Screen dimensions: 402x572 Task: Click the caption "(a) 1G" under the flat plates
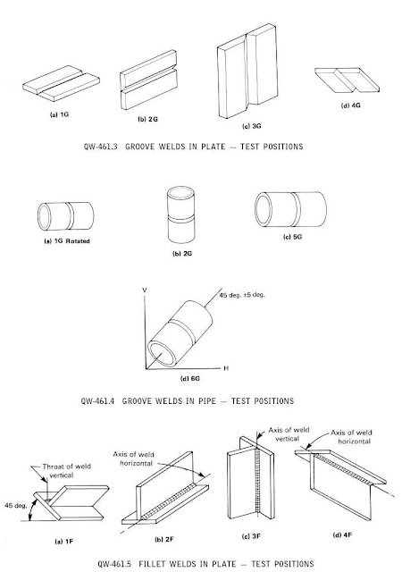59,114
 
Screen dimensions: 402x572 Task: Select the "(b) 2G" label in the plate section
148,119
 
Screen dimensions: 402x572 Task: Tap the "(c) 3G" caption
252,126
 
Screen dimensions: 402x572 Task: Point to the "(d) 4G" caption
350,105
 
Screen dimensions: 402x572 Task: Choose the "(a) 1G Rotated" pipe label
67,241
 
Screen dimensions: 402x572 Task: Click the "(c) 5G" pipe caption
292,237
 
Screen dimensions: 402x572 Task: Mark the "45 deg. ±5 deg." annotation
242,295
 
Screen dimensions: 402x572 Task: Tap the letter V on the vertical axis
145,290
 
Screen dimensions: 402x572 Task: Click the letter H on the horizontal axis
226,368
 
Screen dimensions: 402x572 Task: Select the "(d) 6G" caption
190,379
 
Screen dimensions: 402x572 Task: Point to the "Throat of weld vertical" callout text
66,471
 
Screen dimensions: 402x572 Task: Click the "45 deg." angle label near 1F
16,506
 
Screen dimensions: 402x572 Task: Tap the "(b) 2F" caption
164,539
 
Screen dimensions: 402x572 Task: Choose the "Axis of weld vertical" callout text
289,434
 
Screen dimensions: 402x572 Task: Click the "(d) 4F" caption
342,535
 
